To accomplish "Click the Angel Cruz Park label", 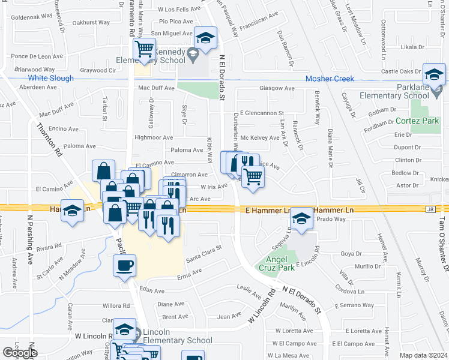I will click(277, 262).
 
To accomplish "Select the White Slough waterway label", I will click(50, 78).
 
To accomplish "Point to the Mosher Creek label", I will click(330, 79).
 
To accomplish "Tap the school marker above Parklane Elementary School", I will click(434, 75).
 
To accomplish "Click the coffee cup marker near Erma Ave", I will click(125, 265).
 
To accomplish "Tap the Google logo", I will click(20, 353).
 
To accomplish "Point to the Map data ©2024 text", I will click(424, 355).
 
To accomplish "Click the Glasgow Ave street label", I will click(277, 88).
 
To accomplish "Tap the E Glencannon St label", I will click(261, 113).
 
